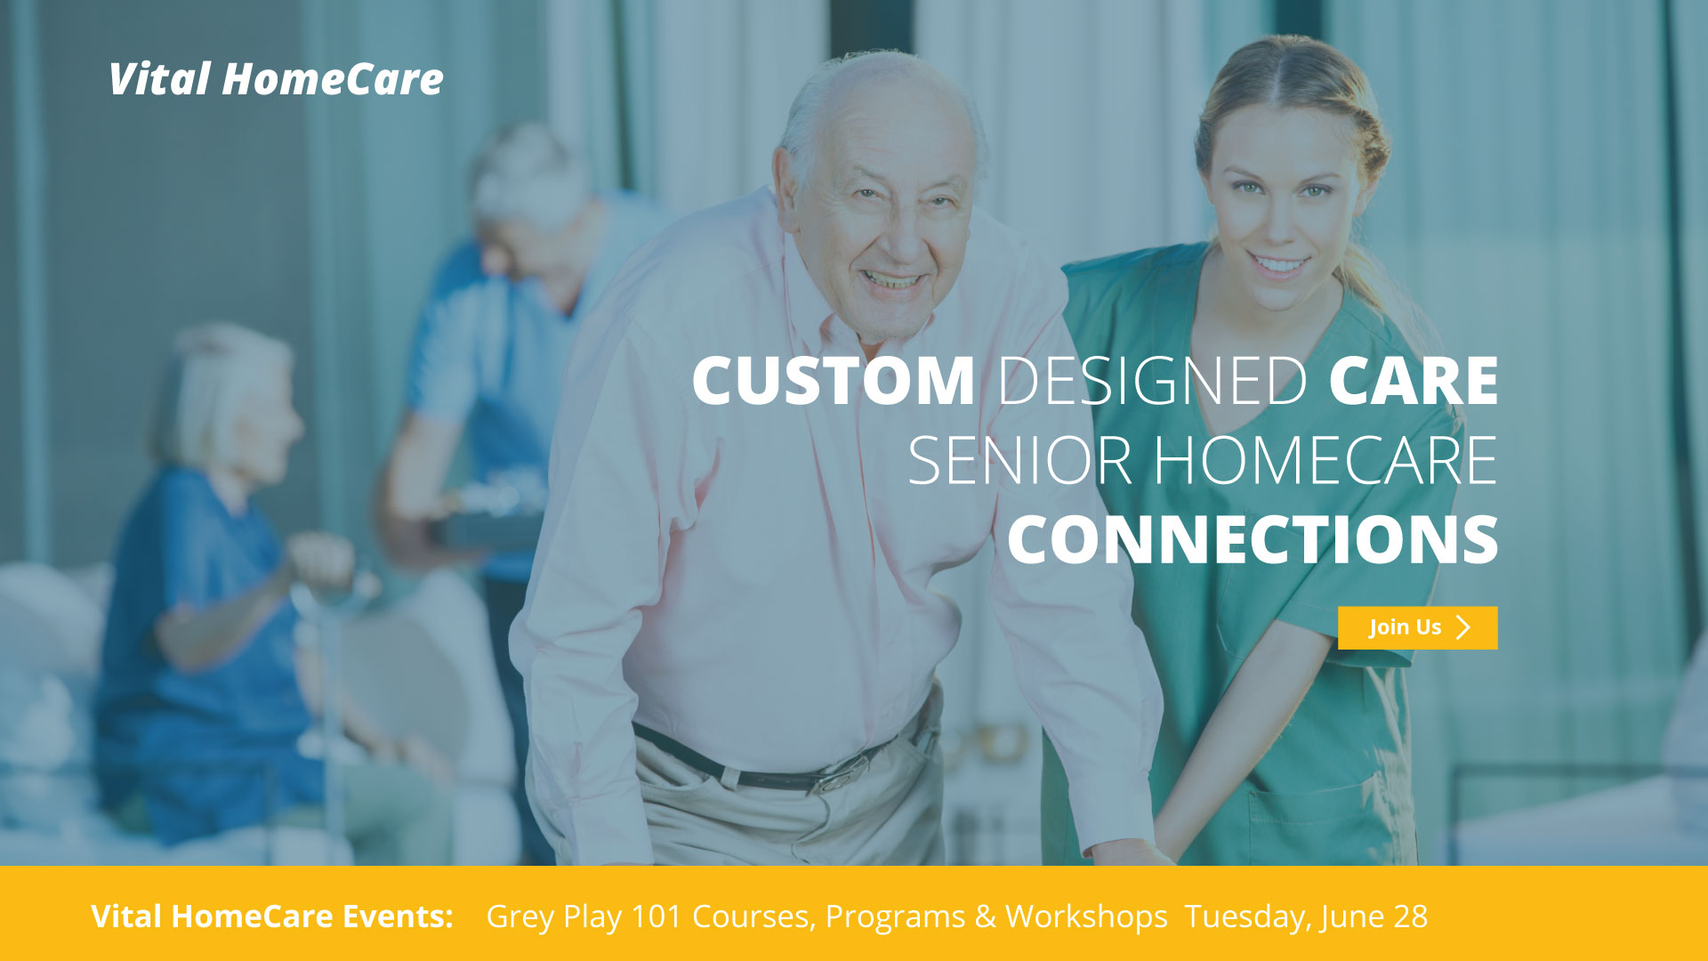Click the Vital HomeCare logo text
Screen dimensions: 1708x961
click(276, 79)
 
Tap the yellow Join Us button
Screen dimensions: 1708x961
click(1417, 627)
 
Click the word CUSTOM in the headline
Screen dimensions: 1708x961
click(833, 381)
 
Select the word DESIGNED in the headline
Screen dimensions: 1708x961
click(1152, 381)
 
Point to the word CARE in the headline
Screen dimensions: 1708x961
click(1414, 381)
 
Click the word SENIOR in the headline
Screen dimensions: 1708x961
click(1019, 461)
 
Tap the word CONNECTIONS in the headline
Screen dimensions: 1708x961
click(1253, 539)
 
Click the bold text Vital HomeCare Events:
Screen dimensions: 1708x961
click(272, 916)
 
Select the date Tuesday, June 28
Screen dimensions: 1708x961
click(1306, 917)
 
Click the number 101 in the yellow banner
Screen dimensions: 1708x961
click(657, 916)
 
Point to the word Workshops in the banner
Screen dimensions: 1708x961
click(1086, 917)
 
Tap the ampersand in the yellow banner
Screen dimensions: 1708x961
click(985, 917)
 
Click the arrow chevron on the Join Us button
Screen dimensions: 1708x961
click(1463, 627)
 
